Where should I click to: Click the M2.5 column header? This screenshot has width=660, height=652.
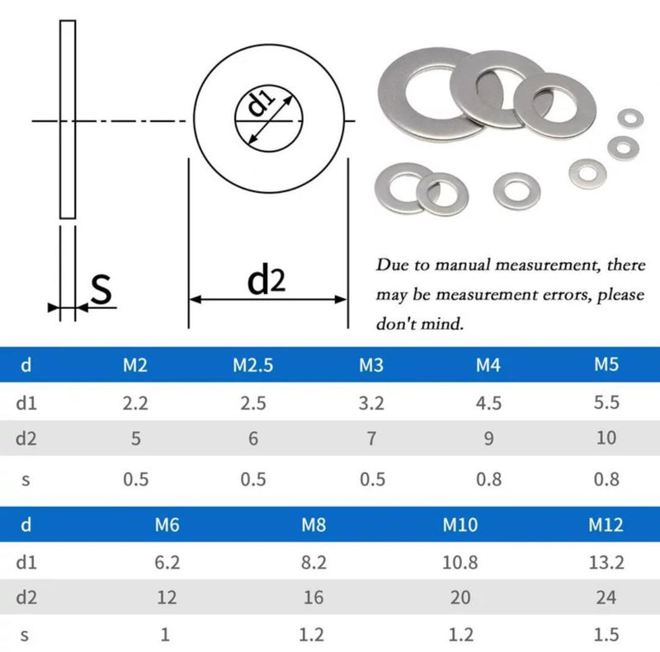click(252, 364)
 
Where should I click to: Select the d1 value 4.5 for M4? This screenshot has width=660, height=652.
click(488, 402)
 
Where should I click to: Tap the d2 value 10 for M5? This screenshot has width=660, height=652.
click(606, 438)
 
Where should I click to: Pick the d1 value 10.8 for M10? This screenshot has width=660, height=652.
click(460, 562)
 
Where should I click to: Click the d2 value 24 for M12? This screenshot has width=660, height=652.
click(606, 597)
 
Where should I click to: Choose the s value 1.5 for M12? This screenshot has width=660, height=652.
click(606, 634)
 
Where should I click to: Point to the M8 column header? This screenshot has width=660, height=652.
click(313, 524)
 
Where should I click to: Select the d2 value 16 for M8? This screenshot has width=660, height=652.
click(313, 597)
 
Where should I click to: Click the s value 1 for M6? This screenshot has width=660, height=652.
click(167, 634)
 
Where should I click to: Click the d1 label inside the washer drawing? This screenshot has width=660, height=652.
click(261, 106)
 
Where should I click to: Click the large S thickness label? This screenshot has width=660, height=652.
click(101, 289)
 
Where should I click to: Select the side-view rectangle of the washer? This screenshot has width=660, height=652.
click(68, 120)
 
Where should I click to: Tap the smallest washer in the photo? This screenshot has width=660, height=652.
click(631, 118)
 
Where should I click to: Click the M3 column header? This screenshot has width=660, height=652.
click(371, 364)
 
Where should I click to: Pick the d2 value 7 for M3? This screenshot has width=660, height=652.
click(371, 438)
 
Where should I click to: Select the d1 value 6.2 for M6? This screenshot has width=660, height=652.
click(167, 562)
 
